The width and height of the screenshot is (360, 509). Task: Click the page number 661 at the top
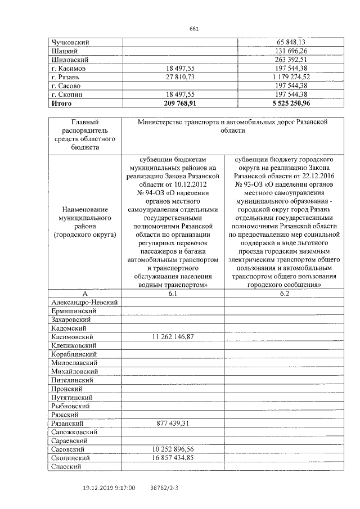pyautogui.click(x=194, y=29)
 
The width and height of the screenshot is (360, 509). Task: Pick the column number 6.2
pyautogui.click(x=283, y=294)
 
